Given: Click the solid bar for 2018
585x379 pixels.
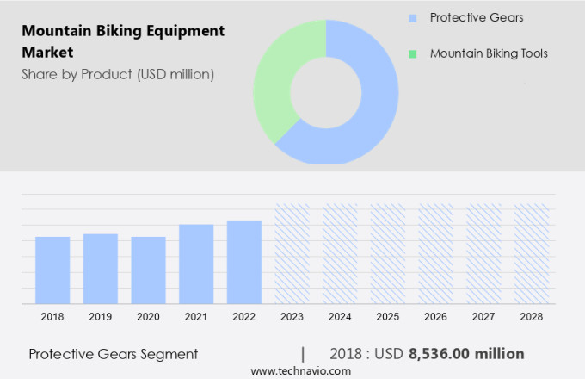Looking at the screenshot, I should coord(52,270).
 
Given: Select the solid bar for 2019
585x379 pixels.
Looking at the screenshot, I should coord(101,268).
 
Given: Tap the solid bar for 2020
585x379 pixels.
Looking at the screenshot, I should coord(148,270).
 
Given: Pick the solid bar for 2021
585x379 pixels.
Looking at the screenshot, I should coord(196,264).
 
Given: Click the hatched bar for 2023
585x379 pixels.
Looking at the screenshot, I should coord(292,253).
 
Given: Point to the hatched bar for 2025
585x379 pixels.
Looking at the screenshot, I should coord(388,253).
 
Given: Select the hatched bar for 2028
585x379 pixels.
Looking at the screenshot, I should coord(531,253).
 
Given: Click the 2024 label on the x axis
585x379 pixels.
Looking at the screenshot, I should coord(340,317).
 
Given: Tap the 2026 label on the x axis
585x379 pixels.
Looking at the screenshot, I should coord(435,317).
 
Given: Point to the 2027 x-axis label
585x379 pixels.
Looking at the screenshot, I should coord(483,317).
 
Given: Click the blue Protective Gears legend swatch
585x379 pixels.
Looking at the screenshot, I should coord(413,18).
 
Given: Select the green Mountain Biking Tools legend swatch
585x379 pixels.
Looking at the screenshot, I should coord(413,54).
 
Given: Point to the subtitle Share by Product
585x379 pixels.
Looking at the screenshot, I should coord(118,74).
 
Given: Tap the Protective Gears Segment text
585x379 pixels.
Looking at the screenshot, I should coord(113,354).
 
